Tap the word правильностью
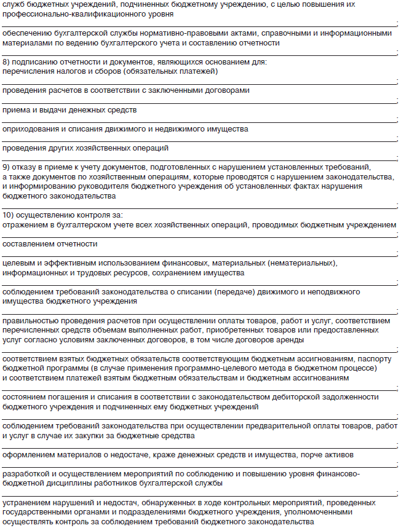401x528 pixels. click(x=32, y=321)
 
